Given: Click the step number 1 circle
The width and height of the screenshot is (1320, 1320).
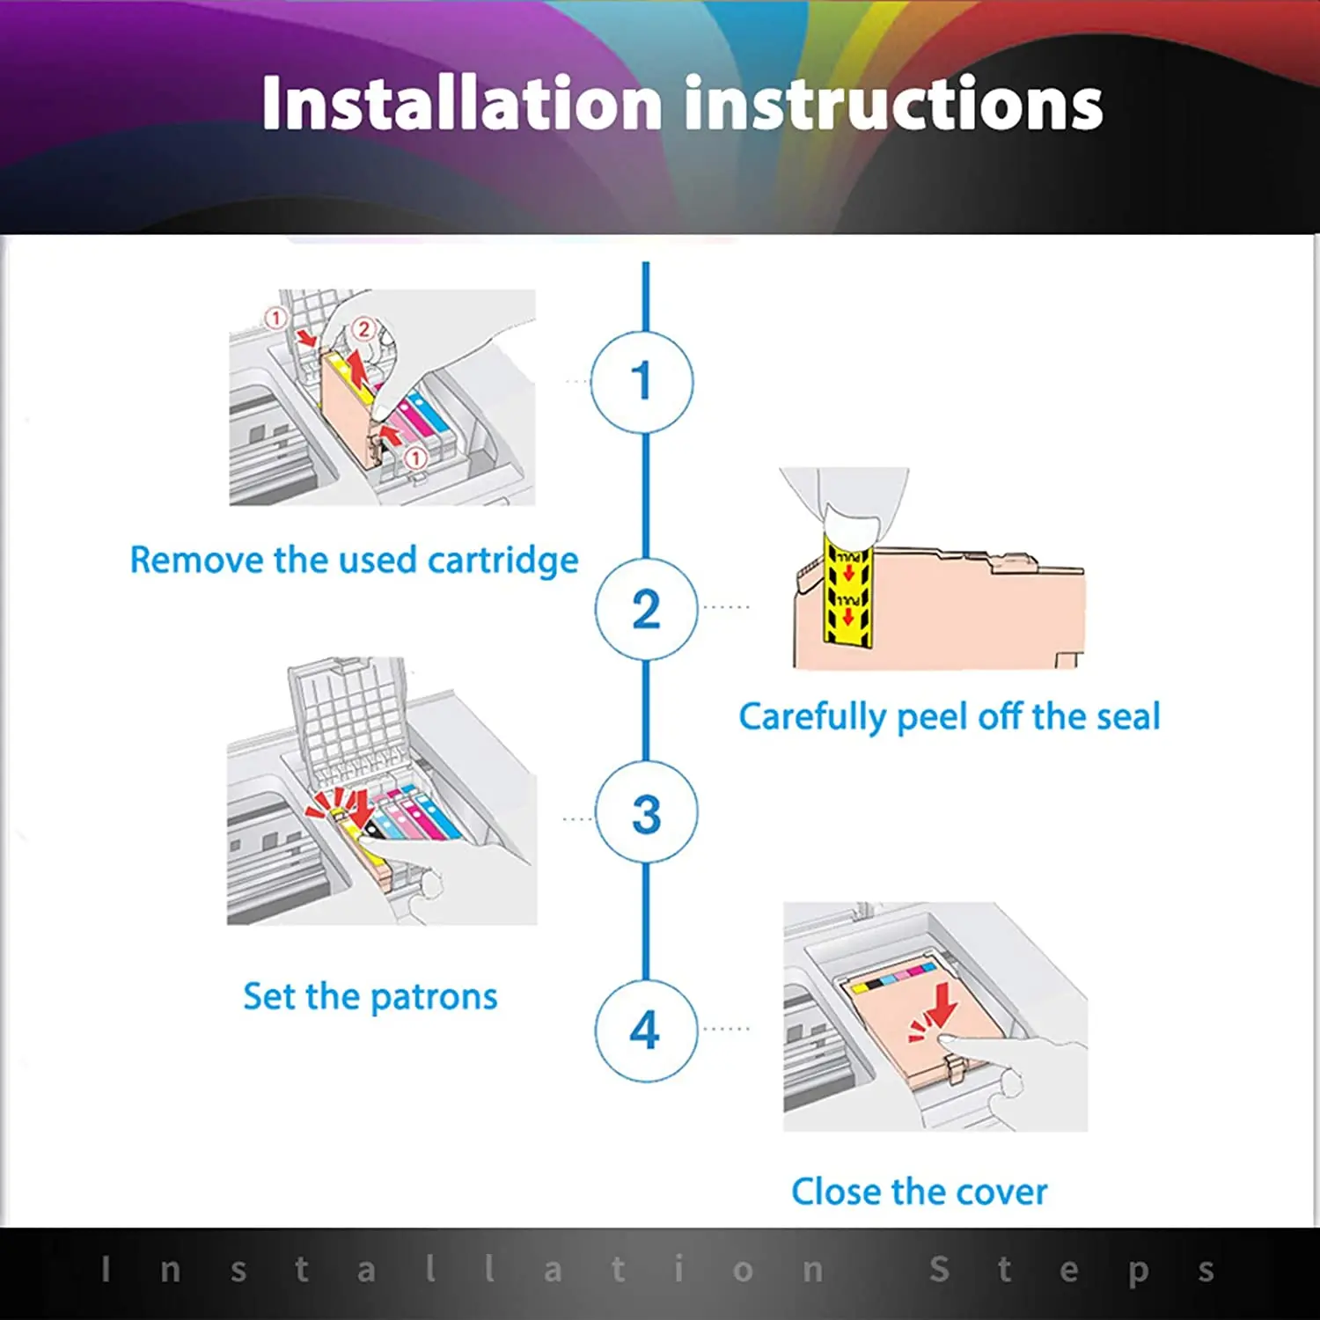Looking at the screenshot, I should [x=642, y=382].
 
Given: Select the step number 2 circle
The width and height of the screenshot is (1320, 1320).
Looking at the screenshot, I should [x=646, y=609].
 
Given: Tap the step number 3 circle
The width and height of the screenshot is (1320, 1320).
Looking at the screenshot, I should [x=646, y=813].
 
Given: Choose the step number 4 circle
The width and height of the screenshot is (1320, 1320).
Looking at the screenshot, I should [x=646, y=1030].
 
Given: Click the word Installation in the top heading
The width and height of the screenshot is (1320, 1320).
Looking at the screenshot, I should [x=462, y=104].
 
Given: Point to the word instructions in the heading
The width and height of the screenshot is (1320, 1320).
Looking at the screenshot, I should [x=893, y=104].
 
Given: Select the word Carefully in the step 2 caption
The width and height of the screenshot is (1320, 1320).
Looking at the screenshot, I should [x=811, y=717].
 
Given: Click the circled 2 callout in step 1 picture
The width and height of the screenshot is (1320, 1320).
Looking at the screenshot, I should [x=363, y=330].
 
